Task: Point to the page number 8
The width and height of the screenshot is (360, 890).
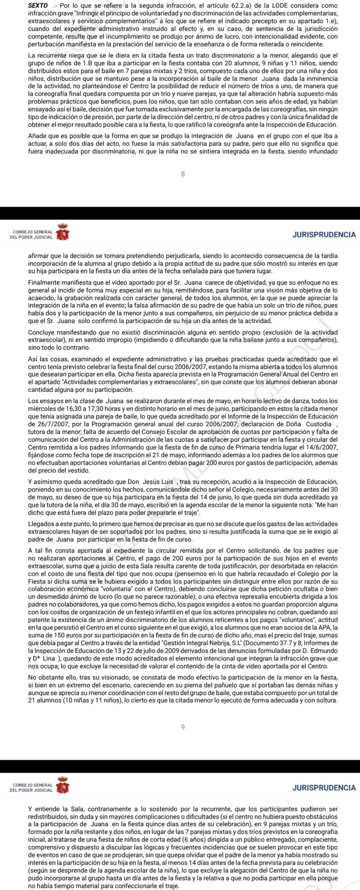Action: [183, 174]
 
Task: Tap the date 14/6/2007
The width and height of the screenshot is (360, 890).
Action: [319, 442]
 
